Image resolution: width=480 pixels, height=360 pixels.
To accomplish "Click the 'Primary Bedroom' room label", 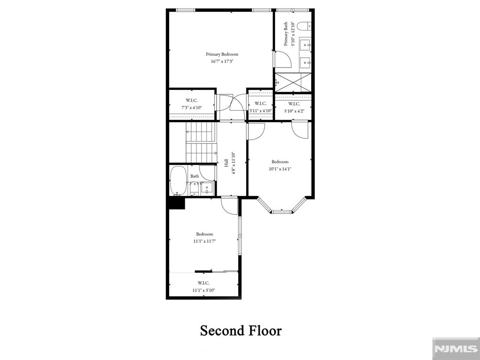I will pyautogui.click(x=222, y=54).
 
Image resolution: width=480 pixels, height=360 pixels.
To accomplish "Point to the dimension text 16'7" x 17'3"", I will pyautogui.click(x=222, y=61).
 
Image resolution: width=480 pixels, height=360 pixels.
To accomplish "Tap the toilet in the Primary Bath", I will pyautogui.click(x=304, y=26).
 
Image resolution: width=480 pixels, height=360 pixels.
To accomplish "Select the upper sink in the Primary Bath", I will pyautogui.click(x=305, y=45).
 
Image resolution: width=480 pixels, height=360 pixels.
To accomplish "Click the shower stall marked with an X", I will pyautogui.click(x=293, y=83).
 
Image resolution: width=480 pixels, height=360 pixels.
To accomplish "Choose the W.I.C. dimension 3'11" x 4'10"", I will pyautogui.click(x=261, y=111).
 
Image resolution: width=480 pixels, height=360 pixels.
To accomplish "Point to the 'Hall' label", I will pyautogui.click(x=226, y=163).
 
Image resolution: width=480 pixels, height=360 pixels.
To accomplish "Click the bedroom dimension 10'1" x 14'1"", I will pyautogui.click(x=280, y=169).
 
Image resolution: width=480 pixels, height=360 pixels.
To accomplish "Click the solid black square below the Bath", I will pyautogui.click(x=176, y=203).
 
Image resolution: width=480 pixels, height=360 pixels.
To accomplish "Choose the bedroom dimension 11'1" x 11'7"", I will pyautogui.click(x=204, y=241).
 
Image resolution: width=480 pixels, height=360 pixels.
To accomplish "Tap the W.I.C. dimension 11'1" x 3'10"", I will pyautogui.click(x=203, y=290).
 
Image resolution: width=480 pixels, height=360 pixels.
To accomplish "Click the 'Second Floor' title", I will pyautogui.click(x=240, y=330).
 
